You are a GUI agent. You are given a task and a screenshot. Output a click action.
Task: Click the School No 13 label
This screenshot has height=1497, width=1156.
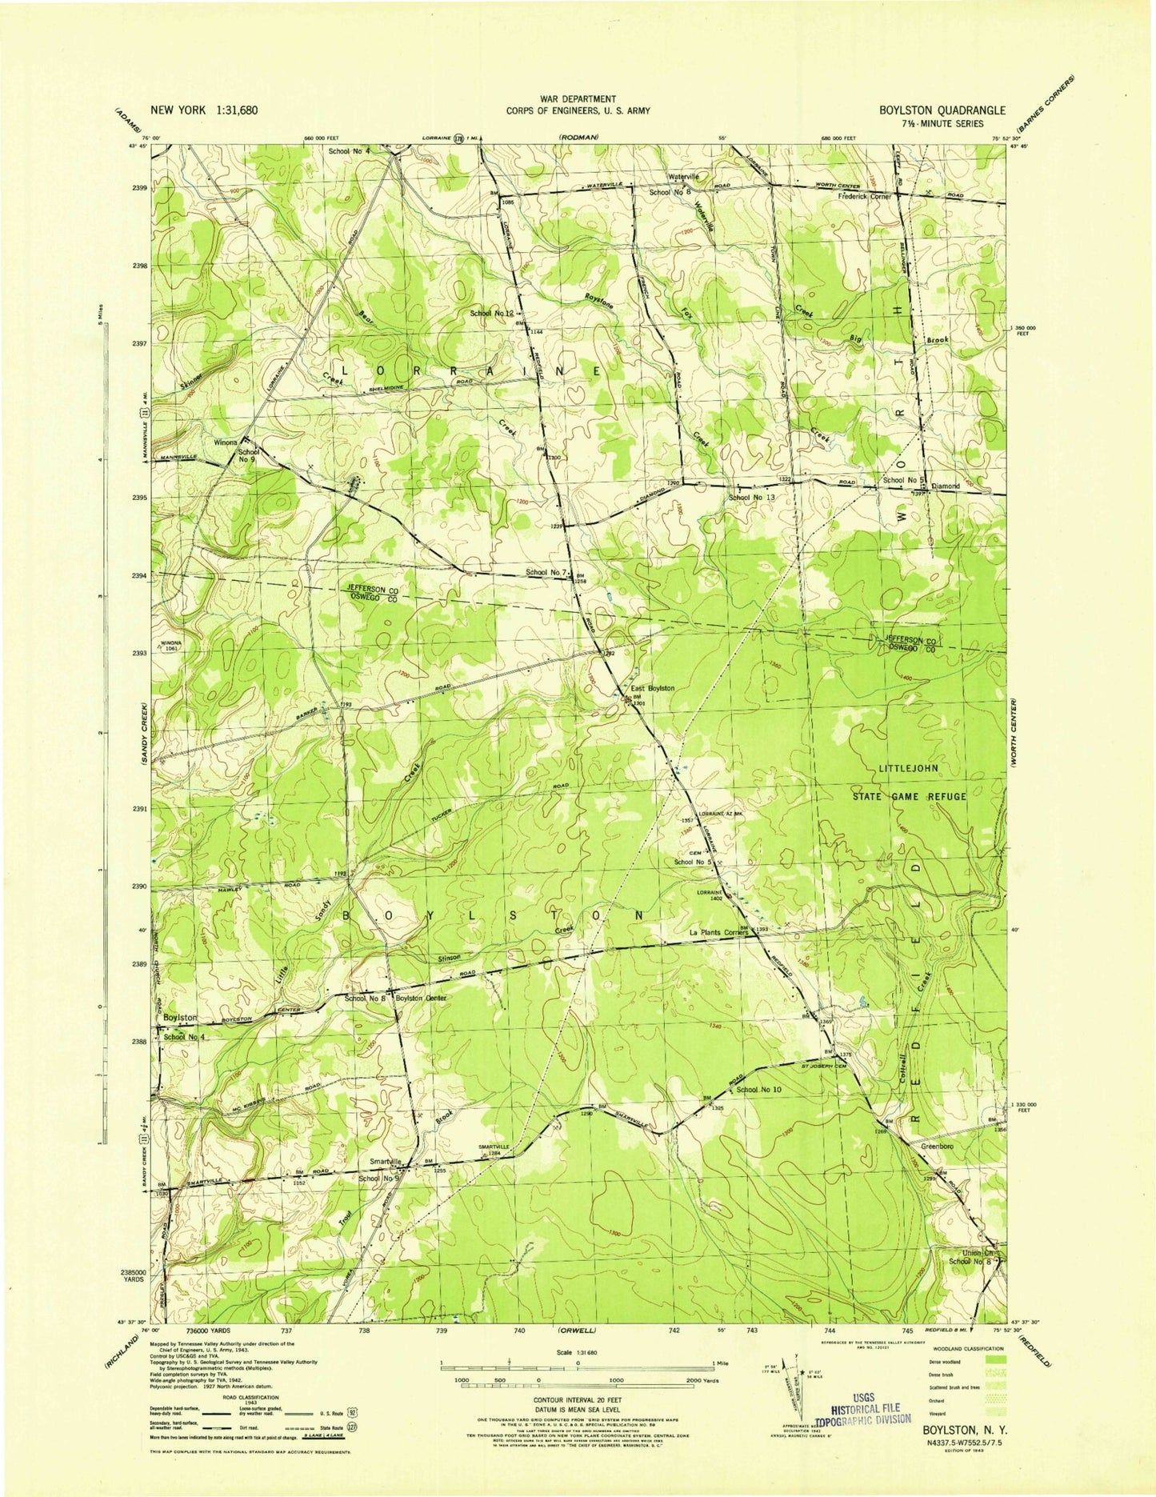click(x=751, y=498)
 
